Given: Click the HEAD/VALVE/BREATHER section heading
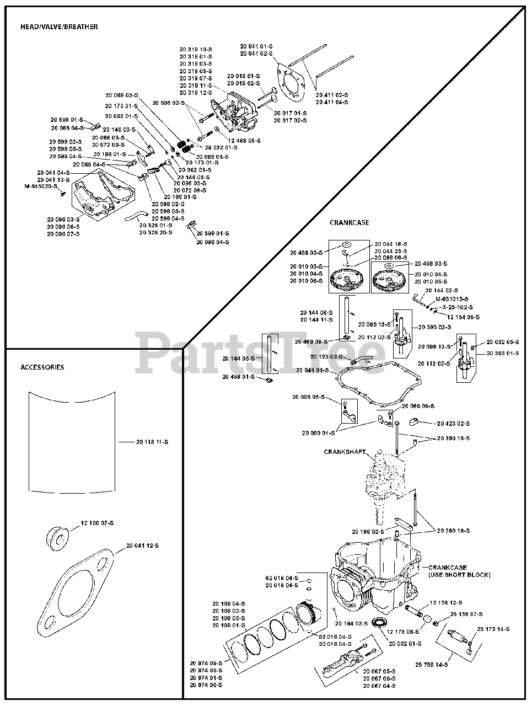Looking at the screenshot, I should [59, 26].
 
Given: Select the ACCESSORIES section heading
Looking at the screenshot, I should [42, 367].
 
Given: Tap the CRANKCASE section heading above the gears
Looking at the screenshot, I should [350, 223].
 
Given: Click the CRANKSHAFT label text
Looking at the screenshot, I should [345, 451].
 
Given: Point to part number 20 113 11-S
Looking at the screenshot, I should [152, 442].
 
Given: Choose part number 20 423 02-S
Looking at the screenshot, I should [453, 423].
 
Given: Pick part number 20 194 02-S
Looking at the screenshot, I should [351, 624].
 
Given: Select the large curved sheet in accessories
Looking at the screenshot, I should [72, 441].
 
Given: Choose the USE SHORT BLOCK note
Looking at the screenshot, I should [459, 575].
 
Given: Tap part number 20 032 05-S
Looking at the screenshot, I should [502, 341].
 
